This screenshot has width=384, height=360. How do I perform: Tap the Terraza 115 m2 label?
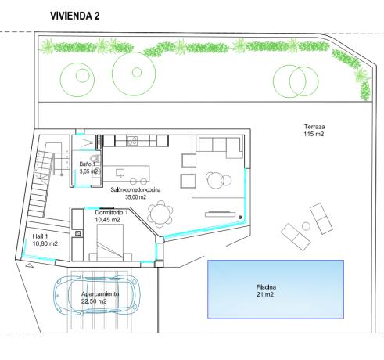click(x=314, y=131)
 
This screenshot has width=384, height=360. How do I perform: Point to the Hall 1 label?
click(x=44, y=240)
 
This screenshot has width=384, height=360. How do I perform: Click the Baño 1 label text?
click(x=88, y=167)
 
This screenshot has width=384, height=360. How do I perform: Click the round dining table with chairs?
click(x=162, y=212)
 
